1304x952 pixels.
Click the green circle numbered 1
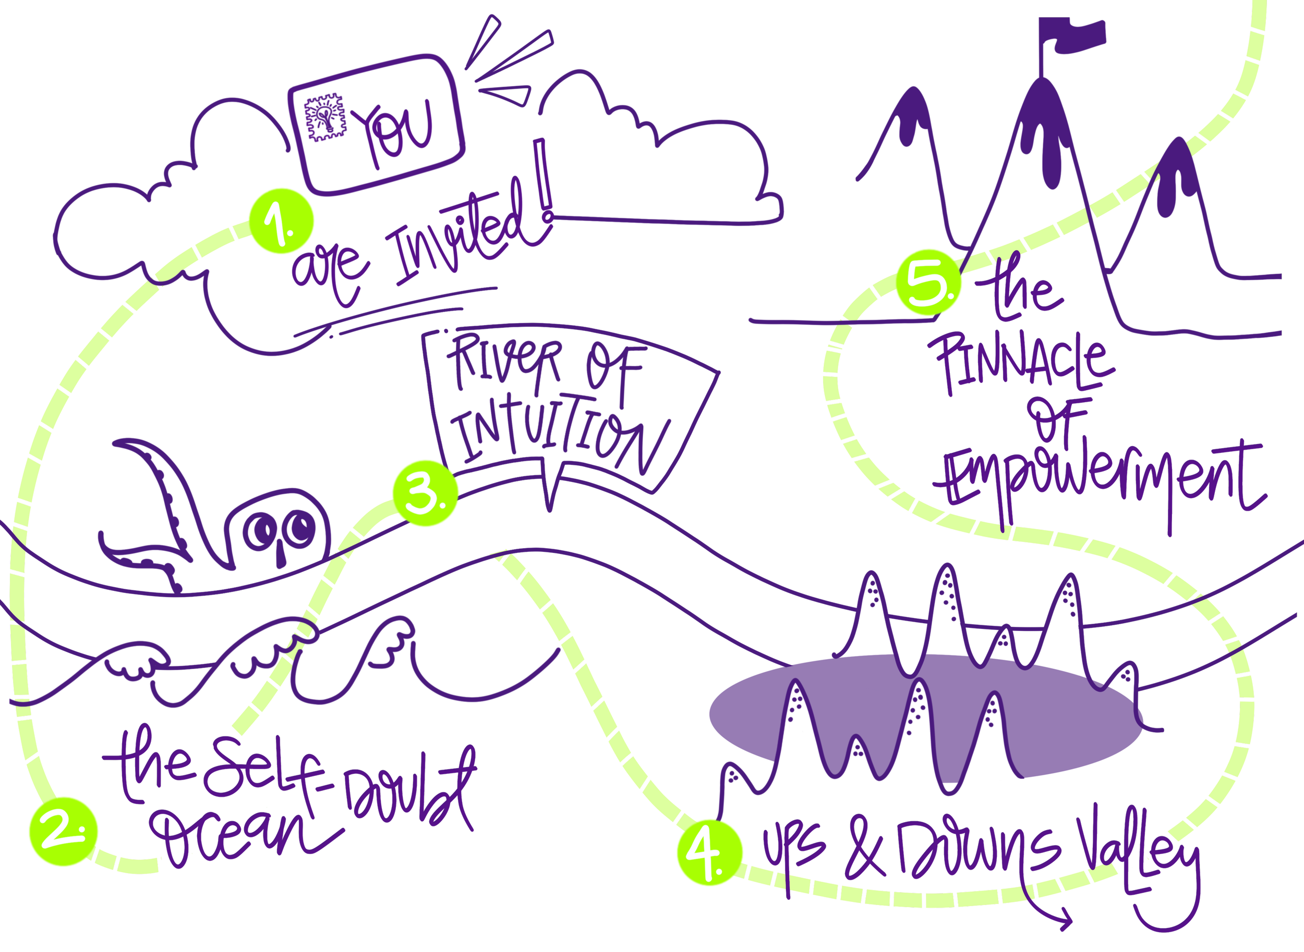click(282, 221)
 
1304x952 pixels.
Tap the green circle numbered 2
click(64, 832)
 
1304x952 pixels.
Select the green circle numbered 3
click(426, 493)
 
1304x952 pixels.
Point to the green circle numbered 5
click(929, 282)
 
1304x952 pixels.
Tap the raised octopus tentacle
click(164, 490)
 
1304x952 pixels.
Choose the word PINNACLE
click(1021, 363)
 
